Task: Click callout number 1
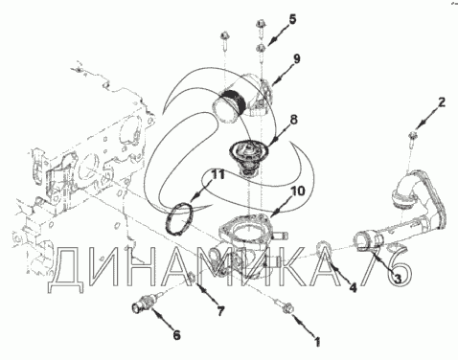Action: [317, 342]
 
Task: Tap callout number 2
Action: [442, 102]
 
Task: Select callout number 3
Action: [397, 279]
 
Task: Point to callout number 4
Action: [353, 288]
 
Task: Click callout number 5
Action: [292, 19]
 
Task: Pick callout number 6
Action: [176, 335]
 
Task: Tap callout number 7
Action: [220, 310]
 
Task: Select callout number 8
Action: [293, 120]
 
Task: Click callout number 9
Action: [296, 58]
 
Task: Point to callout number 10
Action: [298, 191]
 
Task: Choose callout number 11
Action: [218, 174]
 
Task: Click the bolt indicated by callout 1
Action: [285, 307]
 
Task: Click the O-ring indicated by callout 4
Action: [323, 246]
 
